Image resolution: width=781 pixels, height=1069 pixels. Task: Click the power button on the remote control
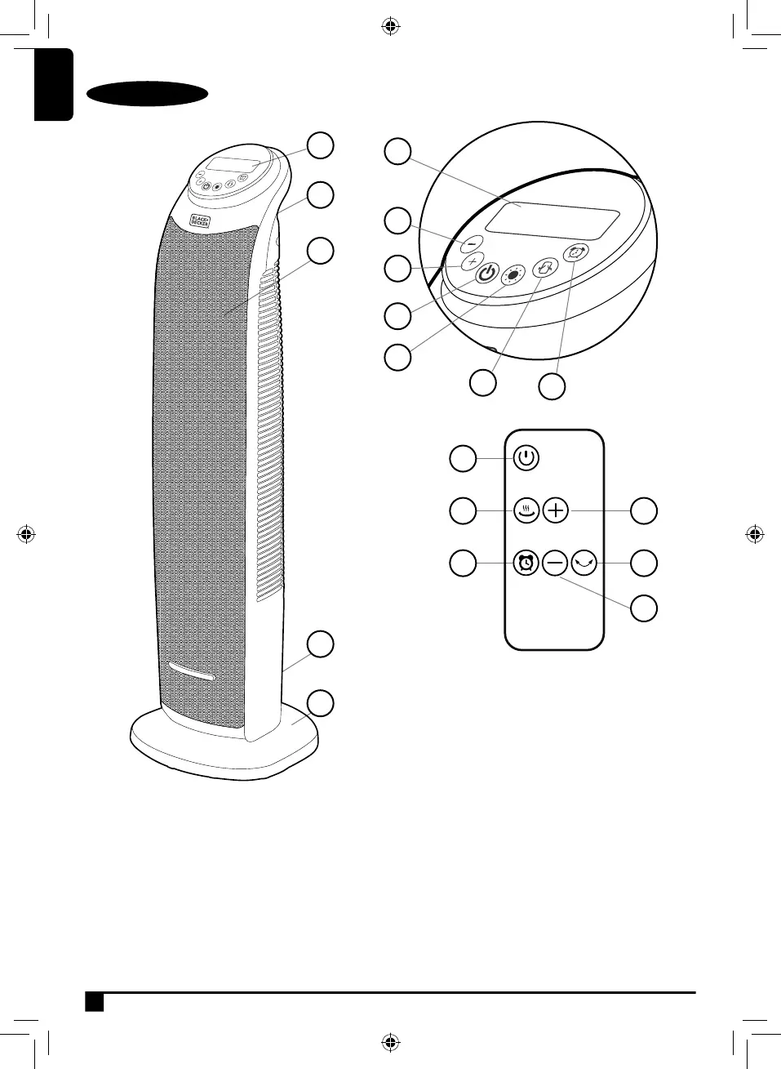pyautogui.click(x=526, y=458)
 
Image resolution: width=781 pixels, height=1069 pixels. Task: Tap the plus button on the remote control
pyautogui.click(x=555, y=511)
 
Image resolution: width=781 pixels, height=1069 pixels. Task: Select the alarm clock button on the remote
pyautogui.click(x=526, y=563)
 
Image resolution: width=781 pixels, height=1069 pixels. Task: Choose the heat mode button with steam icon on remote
pyautogui.click(x=526, y=511)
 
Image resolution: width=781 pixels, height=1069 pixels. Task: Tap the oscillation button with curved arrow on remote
pyautogui.click(x=584, y=563)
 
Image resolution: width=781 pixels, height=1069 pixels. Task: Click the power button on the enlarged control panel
pyautogui.click(x=487, y=274)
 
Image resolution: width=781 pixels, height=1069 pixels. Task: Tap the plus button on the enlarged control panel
pyautogui.click(x=473, y=262)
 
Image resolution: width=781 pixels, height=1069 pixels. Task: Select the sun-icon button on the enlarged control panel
pyautogui.click(x=513, y=275)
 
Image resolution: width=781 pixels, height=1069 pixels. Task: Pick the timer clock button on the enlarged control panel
pyautogui.click(x=576, y=253)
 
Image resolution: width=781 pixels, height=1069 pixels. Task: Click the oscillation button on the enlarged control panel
pyautogui.click(x=544, y=267)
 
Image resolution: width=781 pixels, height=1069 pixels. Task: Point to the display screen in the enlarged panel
pyautogui.click(x=552, y=220)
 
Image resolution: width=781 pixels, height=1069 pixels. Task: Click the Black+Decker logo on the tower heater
pyautogui.click(x=200, y=221)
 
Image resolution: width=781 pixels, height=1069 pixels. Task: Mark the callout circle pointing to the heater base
pyautogui.click(x=321, y=702)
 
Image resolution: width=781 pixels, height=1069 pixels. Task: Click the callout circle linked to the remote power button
pyautogui.click(x=464, y=458)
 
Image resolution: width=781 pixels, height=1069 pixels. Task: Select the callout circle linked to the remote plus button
pyautogui.click(x=645, y=510)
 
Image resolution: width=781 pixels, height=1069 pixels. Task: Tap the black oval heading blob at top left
pyautogui.click(x=147, y=94)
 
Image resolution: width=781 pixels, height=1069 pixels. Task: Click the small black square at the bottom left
pyautogui.click(x=95, y=1002)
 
